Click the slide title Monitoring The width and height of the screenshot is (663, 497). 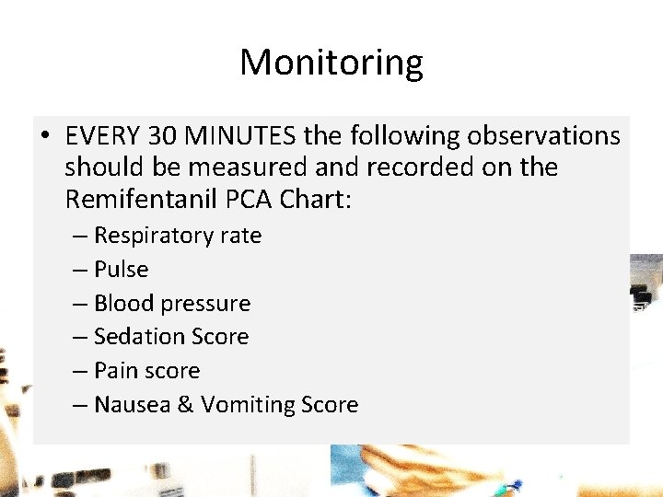(x=331, y=63)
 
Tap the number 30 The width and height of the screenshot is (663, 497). (x=163, y=136)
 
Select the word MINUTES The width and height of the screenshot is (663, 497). (x=240, y=136)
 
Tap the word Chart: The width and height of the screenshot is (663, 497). (x=318, y=198)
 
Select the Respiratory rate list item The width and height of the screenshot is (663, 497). (x=177, y=236)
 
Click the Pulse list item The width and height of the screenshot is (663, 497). (x=121, y=270)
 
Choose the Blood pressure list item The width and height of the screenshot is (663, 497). (x=171, y=304)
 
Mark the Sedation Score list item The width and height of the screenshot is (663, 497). (x=170, y=337)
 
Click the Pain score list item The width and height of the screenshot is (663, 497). (x=146, y=371)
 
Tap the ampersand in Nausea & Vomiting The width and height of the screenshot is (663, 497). (x=184, y=405)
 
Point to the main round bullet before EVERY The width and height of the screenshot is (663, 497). (x=44, y=137)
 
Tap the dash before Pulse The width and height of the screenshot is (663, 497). (x=79, y=270)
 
